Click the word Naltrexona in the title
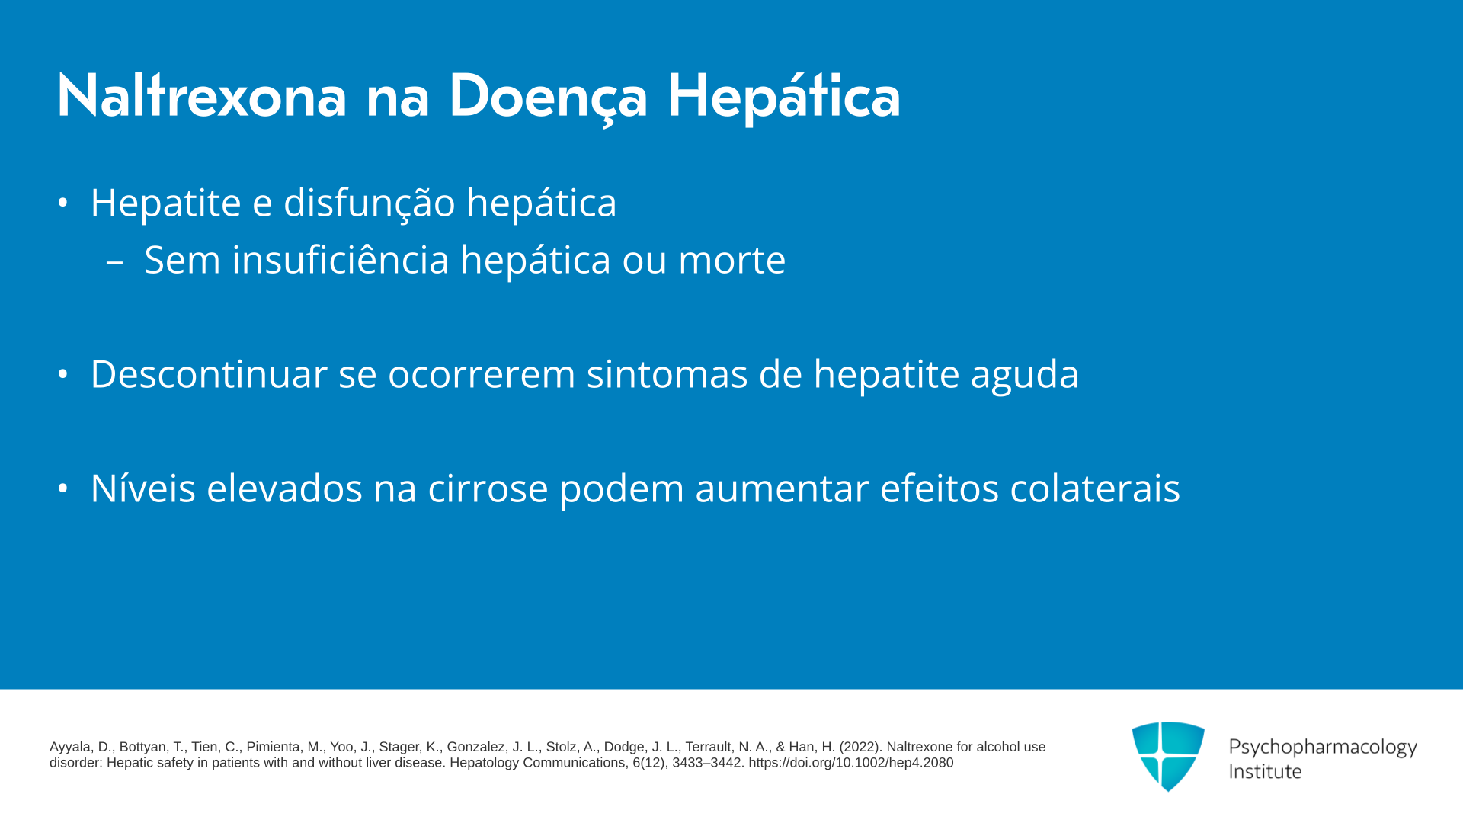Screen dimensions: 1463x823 coord(202,96)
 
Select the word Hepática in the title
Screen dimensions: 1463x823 coord(784,96)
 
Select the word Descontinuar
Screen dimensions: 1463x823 coord(209,374)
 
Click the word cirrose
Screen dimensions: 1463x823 coord(488,488)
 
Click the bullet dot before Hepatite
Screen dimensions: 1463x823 coord(63,203)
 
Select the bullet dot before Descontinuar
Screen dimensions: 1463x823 coord(63,374)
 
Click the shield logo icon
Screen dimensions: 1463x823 coord(1168,756)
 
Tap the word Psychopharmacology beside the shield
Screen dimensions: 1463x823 coord(1323,748)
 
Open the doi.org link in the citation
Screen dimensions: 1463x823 coord(850,763)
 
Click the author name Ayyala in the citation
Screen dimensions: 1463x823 coord(71,748)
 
